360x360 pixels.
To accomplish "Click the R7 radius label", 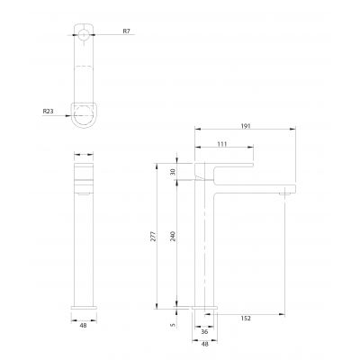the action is (x=127, y=31).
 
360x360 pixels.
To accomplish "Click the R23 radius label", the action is (x=48, y=112).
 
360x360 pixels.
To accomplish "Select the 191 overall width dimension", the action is (x=246, y=126).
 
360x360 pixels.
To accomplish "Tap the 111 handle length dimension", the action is (x=222, y=144).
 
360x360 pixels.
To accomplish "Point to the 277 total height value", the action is (x=153, y=237).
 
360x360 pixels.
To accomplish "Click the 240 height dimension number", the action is (x=173, y=237).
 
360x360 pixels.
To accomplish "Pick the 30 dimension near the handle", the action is (x=173, y=172).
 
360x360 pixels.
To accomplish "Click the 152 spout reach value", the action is (x=246, y=319).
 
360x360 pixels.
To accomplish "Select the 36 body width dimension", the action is (x=204, y=331).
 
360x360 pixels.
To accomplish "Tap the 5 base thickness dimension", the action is (x=173, y=325).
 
